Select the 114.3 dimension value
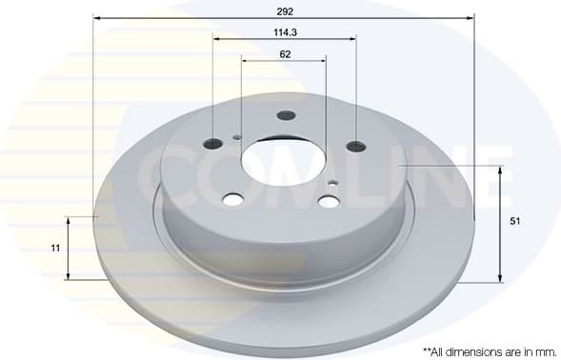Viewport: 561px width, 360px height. pyautogui.click(x=283, y=31)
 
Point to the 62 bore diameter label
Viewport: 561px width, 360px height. pyautogui.click(x=284, y=53)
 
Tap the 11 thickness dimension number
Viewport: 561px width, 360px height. pyautogui.click(x=56, y=248)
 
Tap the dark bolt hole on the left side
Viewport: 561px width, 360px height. pyautogui.click(x=213, y=144)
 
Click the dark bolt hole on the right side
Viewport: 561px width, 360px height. pyautogui.click(x=356, y=146)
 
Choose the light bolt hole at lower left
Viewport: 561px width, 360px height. pyautogui.click(x=232, y=199)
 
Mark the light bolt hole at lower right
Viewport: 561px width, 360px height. pyautogui.click(x=329, y=201)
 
